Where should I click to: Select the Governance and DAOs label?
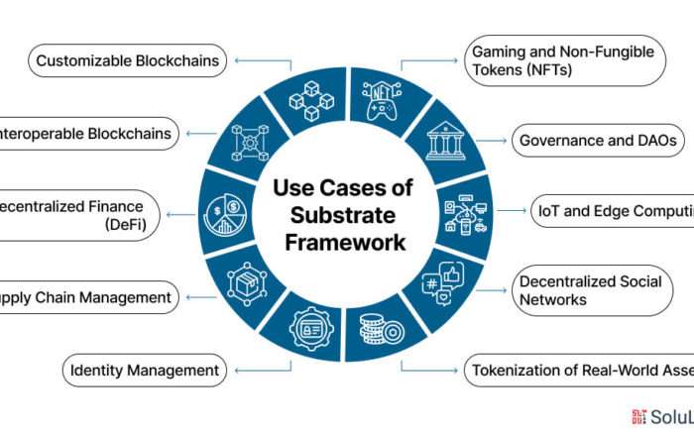tap(598, 141)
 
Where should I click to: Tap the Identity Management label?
tap(144, 372)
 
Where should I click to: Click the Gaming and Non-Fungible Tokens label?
tap(567, 59)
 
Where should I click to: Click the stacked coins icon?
tap(380, 329)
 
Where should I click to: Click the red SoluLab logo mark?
tap(638, 416)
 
